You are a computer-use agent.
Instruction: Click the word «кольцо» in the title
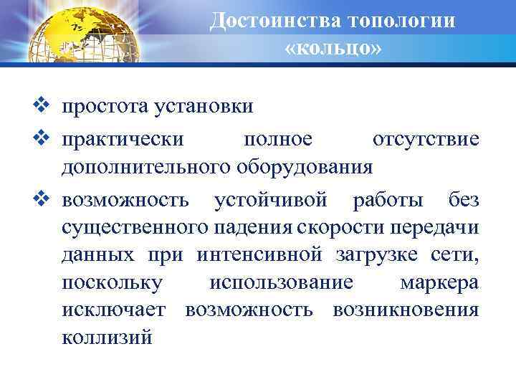(x=333, y=49)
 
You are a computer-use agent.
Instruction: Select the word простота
(x=105, y=107)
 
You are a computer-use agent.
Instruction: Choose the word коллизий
(x=107, y=338)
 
